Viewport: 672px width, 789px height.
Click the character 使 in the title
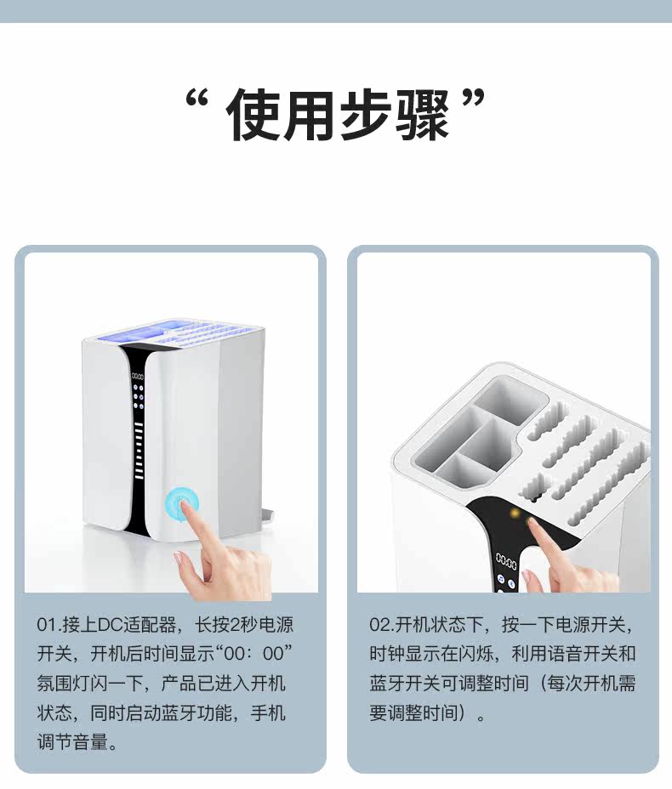[x=253, y=115]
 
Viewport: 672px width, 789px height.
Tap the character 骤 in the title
[x=422, y=115]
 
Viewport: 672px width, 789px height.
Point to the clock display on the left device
[x=138, y=377]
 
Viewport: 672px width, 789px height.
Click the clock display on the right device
[x=506, y=561]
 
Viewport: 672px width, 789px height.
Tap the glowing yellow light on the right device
[x=515, y=514]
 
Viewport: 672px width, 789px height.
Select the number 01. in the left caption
[x=48, y=626]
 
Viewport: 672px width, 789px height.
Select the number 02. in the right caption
[x=382, y=626]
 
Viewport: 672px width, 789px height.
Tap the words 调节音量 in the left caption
[x=72, y=741]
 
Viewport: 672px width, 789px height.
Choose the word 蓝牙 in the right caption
[x=387, y=684]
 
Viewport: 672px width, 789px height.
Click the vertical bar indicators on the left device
[x=139, y=451]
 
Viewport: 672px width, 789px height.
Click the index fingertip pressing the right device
[x=533, y=525]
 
